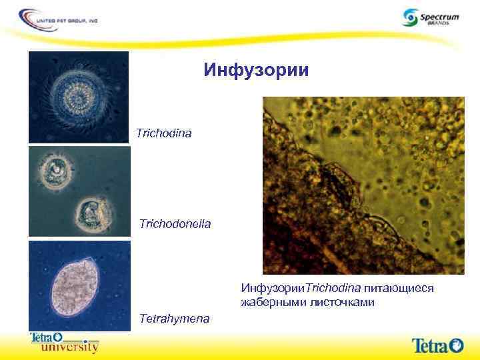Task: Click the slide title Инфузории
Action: click(256, 70)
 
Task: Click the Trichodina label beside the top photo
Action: click(163, 134)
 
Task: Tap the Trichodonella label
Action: click(175, 223)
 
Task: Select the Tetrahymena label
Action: click(174, 319)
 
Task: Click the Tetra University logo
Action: click(64, 342)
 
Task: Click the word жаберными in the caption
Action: click(271, 303)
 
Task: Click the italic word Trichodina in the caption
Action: click(333, 288)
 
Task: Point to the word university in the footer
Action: click(70, 347)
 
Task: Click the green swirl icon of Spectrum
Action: click(409, 17)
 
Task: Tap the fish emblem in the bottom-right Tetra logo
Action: click(457, 345)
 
